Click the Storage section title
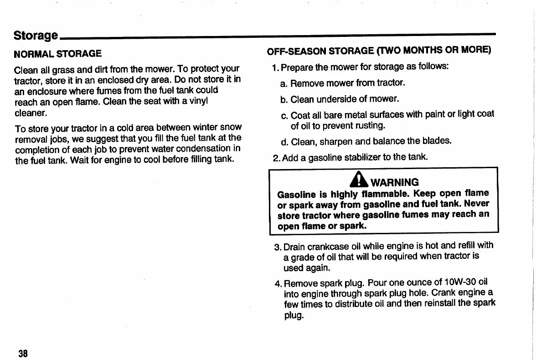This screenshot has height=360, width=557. [x=36, y=36]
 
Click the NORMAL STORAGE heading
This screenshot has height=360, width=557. [x=57, y=54]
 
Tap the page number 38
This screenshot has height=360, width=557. [x=23, y=353]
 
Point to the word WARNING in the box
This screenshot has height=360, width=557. [x=395, y=183]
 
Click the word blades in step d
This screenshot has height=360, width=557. [x=437, y=141]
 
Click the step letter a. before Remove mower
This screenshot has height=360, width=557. [x=284, y=83]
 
